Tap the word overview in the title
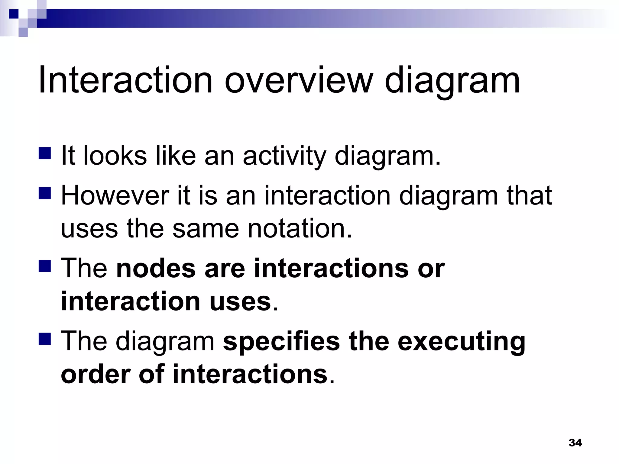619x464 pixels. [298, 80]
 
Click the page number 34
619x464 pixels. [575, 443]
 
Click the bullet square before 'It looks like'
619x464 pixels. [45, 153]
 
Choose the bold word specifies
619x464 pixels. [281, 341]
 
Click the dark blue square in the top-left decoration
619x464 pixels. [14, 14]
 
